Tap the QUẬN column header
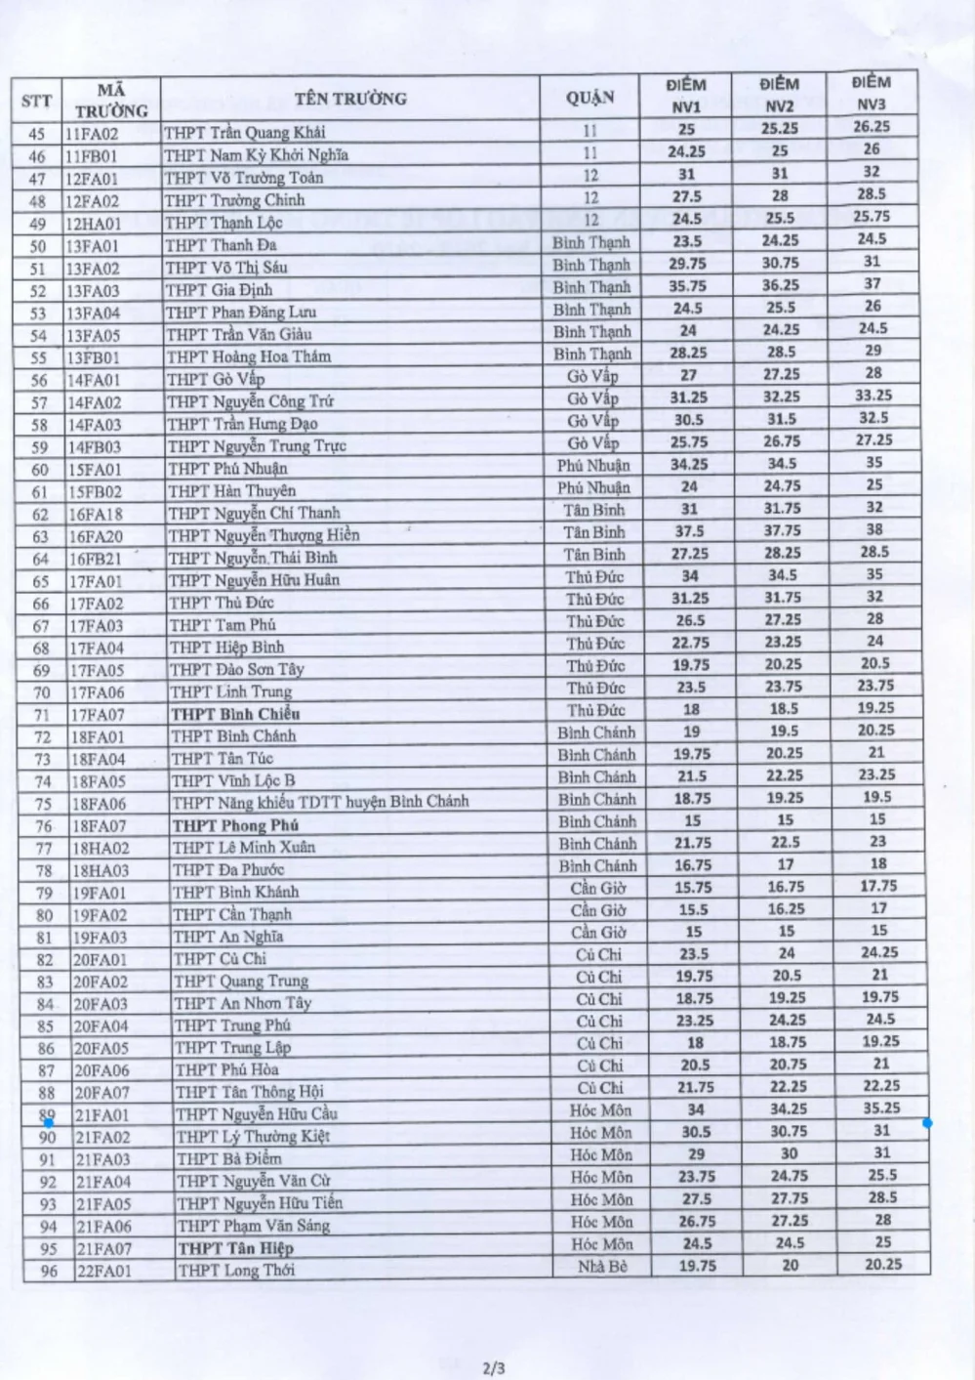tap(590, 98)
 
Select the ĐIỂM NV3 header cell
tap(871, 93)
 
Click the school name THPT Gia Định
tap(219, 290)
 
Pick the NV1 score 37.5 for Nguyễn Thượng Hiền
tap(689, 531)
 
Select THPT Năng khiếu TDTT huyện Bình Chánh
tap(320, 803)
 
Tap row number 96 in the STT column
tap(49, 1271)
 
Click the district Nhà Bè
tap(602, 1267)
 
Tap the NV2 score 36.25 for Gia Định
tap(780, 285)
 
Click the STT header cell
tap(37, 101)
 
